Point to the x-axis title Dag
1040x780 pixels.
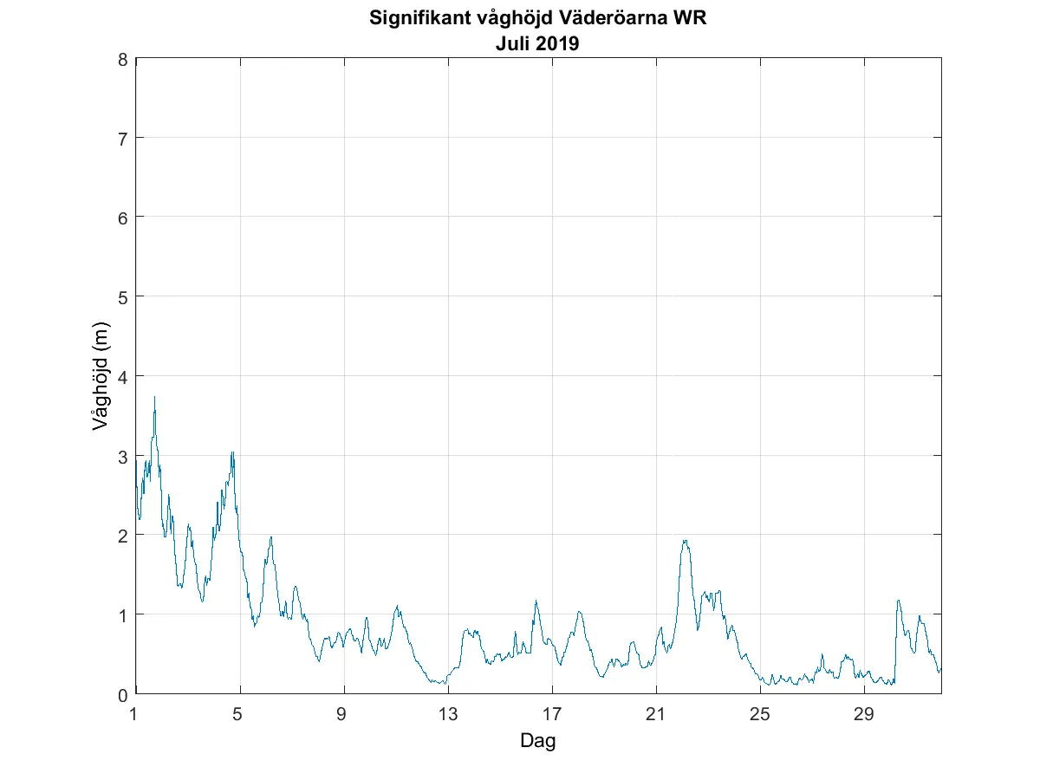[537, 741]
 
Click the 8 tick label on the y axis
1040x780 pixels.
[124, 59]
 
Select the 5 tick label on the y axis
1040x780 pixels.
[124, 297]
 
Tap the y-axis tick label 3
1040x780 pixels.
[124, 456]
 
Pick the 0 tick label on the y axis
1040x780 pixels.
[124, 694]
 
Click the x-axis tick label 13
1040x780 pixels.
[448, 714]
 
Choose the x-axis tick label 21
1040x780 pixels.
[656, 714]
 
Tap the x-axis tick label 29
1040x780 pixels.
[864, 714]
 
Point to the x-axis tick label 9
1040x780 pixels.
[344, 714]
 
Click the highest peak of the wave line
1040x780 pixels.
[154, 397]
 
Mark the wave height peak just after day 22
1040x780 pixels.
[685, 541]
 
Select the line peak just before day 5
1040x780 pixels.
[232, 452]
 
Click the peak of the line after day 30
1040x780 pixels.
[898, 600]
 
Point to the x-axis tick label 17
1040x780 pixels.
[552, 714]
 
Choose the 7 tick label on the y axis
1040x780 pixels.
[124, 138]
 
